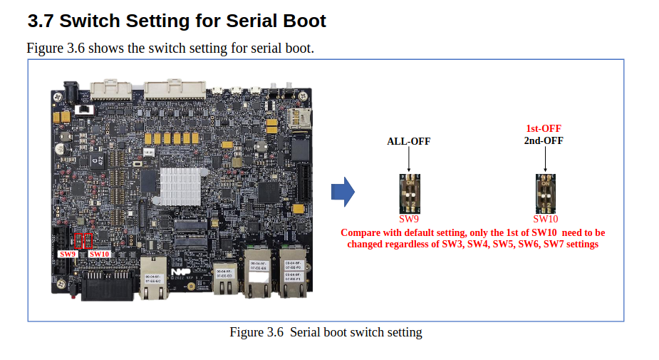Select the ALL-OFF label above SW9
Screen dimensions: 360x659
pos(408,141)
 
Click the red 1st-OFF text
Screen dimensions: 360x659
pos(543,129)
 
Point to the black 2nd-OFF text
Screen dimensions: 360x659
pos(543,140)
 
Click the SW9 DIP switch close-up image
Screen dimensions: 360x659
pos(408,194)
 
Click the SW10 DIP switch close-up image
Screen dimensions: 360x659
pos(545,194)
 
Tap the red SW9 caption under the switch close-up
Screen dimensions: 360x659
pos(409,220)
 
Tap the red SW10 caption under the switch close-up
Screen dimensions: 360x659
pos(545,220)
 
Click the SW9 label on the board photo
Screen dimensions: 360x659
pos(68,254)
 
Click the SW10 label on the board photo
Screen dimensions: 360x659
pos(99,254)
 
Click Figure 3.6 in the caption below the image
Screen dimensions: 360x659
pos(256,332)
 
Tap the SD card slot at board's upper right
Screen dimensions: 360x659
pos(297,118)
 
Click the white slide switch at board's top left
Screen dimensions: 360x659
pos(85,110)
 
